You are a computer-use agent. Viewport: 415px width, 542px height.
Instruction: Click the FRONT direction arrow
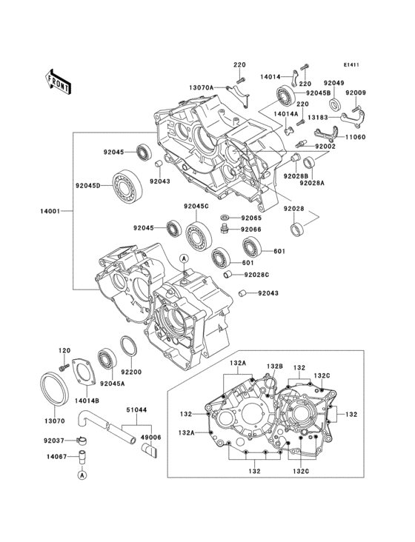tap(59, 81)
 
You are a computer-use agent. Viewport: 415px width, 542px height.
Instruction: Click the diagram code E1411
tap(351, 65)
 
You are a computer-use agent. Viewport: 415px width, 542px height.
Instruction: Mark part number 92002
tap(325, 148)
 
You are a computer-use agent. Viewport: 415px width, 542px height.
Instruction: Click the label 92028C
tap(258, 275)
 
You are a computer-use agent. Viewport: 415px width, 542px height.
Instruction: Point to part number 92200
tap(133, 372)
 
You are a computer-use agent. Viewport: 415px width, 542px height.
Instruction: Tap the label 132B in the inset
tap(276, 367)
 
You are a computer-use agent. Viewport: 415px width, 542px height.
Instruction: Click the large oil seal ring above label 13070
tap(53, 389)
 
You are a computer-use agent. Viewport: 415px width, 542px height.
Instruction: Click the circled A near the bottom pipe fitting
tap(83, 475)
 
